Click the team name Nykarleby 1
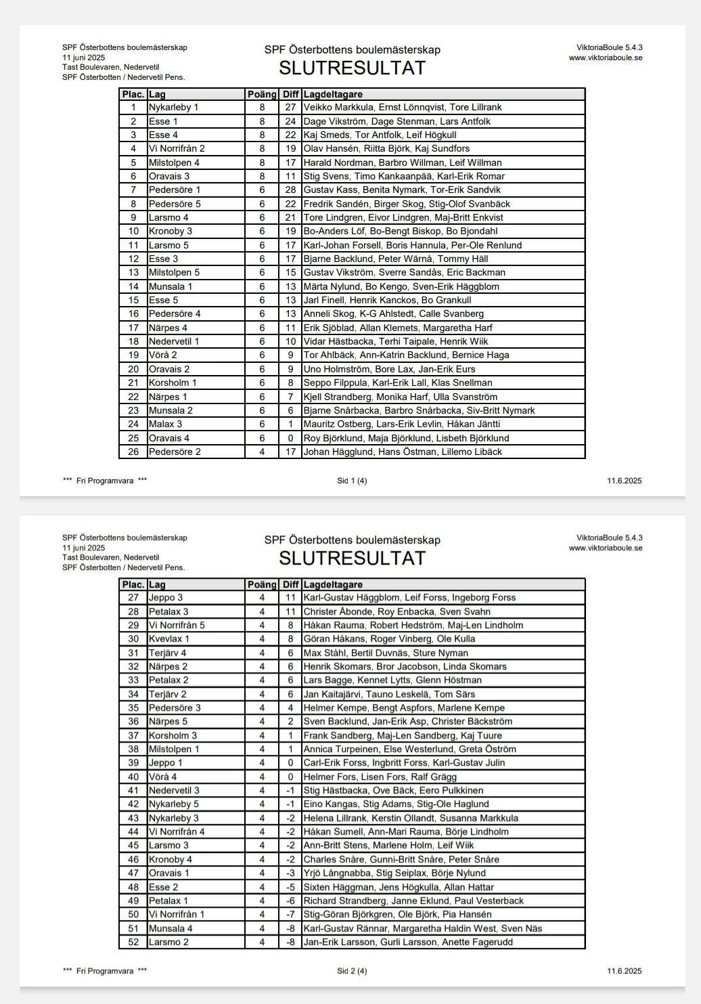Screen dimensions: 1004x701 click(x=174, y=108)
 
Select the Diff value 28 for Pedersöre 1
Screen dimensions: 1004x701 click(x=290, y=190)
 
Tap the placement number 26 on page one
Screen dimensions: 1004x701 click(x=133, y=452)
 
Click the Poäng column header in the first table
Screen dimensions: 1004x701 click(x=262, y=95)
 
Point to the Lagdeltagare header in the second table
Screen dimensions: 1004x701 click(x=333, y=585)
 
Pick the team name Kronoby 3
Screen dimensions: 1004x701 click(x=171, y=232)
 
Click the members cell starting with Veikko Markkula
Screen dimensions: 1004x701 click(x=402, y=108)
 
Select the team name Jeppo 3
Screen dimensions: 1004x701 click(x=166, y=598)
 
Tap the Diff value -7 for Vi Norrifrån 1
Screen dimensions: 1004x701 click(x=290, y=915)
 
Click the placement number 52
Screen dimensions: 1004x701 click(x=133, y=942)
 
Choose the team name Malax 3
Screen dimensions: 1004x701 click(x=166, y=424)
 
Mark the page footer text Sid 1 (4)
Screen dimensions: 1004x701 click(x=352, y=481)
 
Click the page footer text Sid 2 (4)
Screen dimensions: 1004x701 click(x=352, y=971)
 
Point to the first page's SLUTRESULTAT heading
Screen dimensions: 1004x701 click(x=352, y=68)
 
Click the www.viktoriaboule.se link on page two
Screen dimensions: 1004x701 click(x=605, y=548)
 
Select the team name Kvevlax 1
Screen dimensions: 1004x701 click(x=169, y=639)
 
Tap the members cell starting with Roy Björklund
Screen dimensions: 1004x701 click(x=406, y=439)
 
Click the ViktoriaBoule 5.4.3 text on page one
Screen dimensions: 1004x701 click(x=609, y=47)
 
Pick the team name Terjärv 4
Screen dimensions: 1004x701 click(x=168, y=653)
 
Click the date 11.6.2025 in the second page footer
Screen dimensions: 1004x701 click(x=624, y=971)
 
